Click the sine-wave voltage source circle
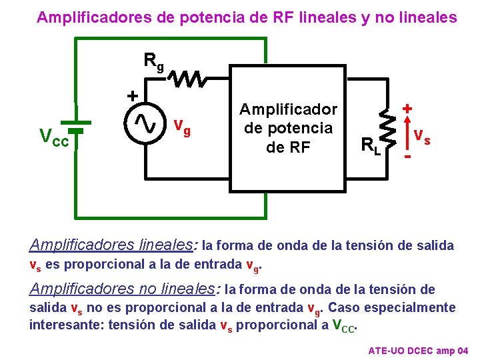coord(145,122)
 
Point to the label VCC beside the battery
coord(54,137)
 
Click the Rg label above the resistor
coord(154,61)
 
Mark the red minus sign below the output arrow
coord(407,156)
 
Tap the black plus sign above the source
coord(133,96)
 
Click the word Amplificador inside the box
coord(289,109)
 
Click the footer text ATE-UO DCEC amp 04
coord(418,351)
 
